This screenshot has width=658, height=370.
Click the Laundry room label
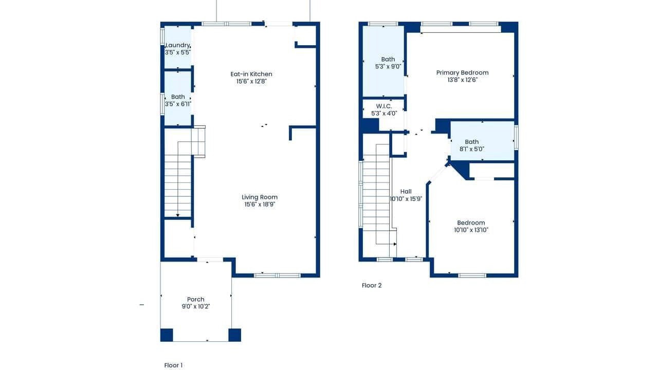click(178, 45)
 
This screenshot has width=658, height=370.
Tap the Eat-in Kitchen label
click(251, 74)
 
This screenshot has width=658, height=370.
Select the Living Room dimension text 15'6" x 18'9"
click(260, 205)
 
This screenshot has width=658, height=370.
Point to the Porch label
click(196, 299)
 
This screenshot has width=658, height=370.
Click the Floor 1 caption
click(173, 365)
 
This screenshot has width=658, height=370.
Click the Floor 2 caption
click(372, 285)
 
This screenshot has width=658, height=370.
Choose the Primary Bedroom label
click(462, 72)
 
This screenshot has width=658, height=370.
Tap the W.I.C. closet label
click(384, 106)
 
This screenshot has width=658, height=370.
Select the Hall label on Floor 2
click(406, 192)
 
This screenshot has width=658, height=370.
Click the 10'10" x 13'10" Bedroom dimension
click(471, 230)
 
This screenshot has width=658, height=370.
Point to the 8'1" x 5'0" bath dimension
click(472, 149)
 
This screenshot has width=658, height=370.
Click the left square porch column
click(167, 335)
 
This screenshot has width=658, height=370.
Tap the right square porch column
click(235, 335)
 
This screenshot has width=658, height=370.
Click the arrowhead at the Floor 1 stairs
click(178, 215)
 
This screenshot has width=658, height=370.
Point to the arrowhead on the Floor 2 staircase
click(395, 244)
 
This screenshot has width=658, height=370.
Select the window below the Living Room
click(277, 275)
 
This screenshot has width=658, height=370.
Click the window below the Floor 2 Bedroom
click(472, 275)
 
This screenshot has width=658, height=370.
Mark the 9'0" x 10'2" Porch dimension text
click(196, 307)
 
